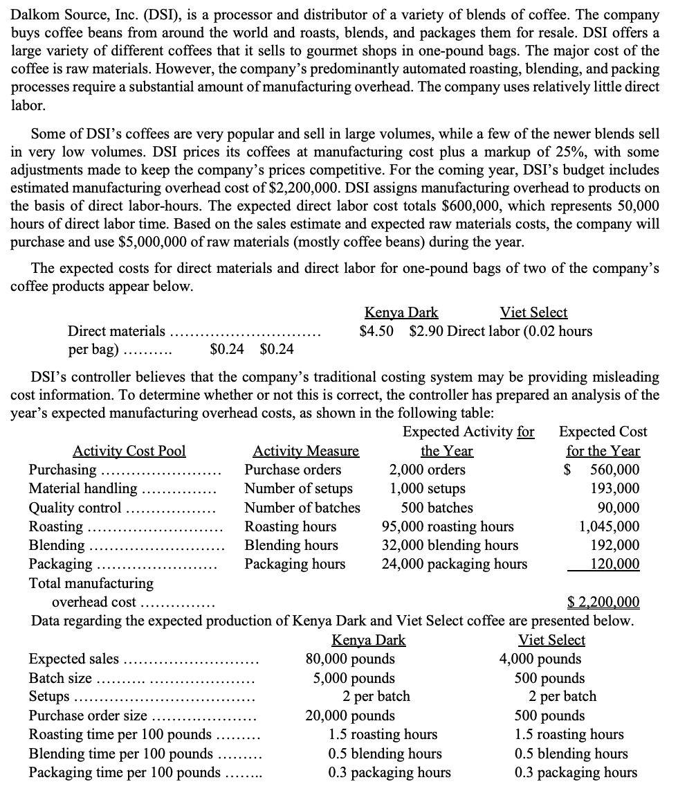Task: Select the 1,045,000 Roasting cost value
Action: pyautogui.click(x=609, y=526)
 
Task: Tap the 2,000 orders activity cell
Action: pyautogui.click(x=427, y=470)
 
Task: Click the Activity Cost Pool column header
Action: pyautogui.click(x=129, y=451)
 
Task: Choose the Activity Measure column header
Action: pyautogui.click(x=306, y=451)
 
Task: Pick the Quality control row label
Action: pyautogui.click(x=75, y=508)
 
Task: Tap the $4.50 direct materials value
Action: pyautogui.click(x=377, y=330)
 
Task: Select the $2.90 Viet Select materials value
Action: pyautogui.click(x=427, y=330)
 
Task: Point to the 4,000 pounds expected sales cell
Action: pyautogui.click(x=540, y=659)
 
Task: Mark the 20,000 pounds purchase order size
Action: pyautogui.click(x=350, y=716)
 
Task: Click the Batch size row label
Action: pyautogui.click(x=61, y=678)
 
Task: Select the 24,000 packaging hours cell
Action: pyautogui.click(x=455, y=564)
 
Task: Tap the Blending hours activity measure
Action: pyautogui.click(x=291, y=545)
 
